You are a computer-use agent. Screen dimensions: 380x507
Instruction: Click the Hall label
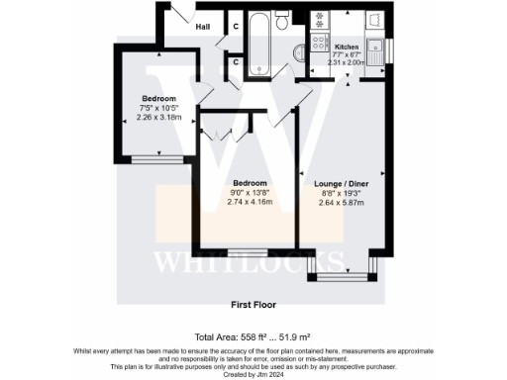203,27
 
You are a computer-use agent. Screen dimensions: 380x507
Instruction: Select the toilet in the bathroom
284,22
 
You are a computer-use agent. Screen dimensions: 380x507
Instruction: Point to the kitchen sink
376,47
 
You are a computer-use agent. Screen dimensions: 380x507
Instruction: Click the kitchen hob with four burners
321,42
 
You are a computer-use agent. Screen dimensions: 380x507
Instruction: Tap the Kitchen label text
347,47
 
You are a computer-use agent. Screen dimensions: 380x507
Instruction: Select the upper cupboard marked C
236,27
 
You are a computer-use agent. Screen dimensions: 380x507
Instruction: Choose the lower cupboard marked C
236,62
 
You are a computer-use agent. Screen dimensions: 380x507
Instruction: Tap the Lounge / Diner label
340,184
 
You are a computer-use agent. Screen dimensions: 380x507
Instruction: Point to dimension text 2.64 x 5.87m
340,202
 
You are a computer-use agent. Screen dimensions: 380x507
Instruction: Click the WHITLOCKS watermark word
253,263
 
